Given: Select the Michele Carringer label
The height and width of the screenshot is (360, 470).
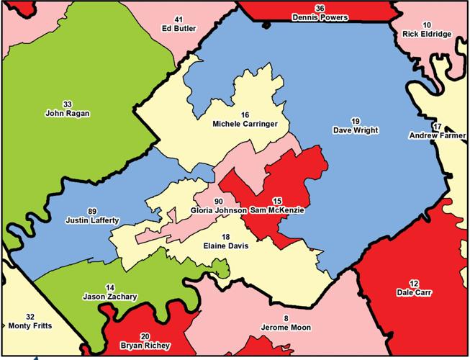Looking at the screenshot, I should click(245, 124).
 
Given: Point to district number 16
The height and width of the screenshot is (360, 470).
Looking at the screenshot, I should click(245, 114).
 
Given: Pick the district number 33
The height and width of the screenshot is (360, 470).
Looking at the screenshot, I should click(67, 103).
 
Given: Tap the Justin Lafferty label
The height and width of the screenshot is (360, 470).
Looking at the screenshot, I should click(92, 220).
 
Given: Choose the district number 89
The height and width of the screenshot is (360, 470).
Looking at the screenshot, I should click(92, 210).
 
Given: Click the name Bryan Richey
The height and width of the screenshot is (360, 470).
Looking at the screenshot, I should click(145, 346).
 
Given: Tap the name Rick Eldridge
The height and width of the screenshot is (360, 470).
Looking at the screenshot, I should click(428, 33).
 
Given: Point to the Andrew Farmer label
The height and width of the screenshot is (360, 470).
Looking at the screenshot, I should click(438, 135).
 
